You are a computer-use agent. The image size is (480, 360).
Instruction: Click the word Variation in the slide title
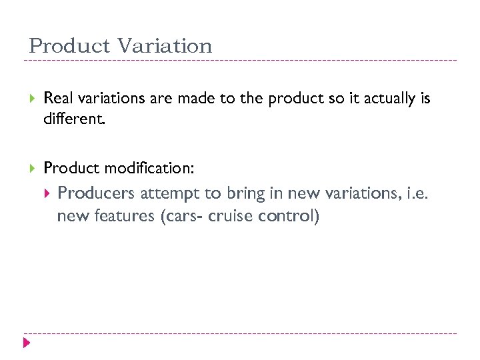pyautogui.click(x=164, y=46)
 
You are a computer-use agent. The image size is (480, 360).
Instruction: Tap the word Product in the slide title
pyautogui.click(x=70, y=46)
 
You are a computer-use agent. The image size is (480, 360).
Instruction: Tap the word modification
pyautogui.click(x=149, y=169)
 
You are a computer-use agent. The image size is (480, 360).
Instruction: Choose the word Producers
pyautogui.click(x=97, y=193)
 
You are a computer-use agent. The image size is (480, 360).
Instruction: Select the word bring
pyautogui.click(x=245, y=193)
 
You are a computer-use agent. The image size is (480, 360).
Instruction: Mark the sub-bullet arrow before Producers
pyautogui.click(x=46, y=193)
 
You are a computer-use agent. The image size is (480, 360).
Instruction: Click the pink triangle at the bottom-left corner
pyautogui.click(x=27, y=344)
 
